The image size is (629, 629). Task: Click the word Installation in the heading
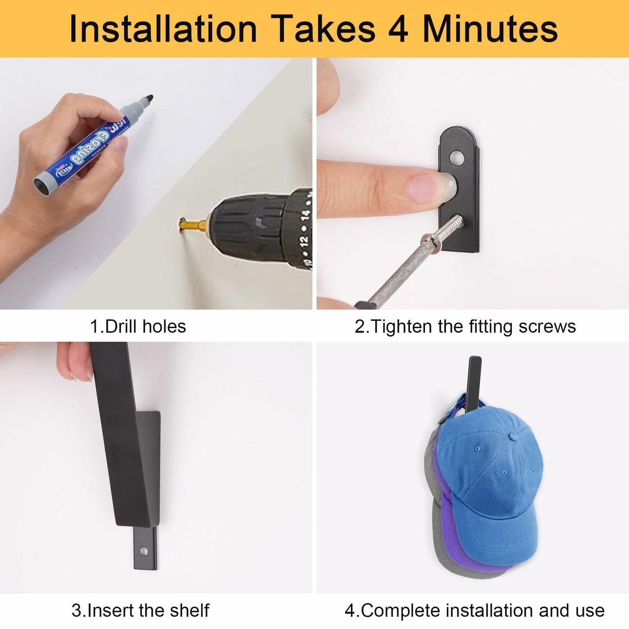tap(163, 29)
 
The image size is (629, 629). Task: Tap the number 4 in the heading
tap(398, 29)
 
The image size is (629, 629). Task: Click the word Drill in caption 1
tap(121, 327)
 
